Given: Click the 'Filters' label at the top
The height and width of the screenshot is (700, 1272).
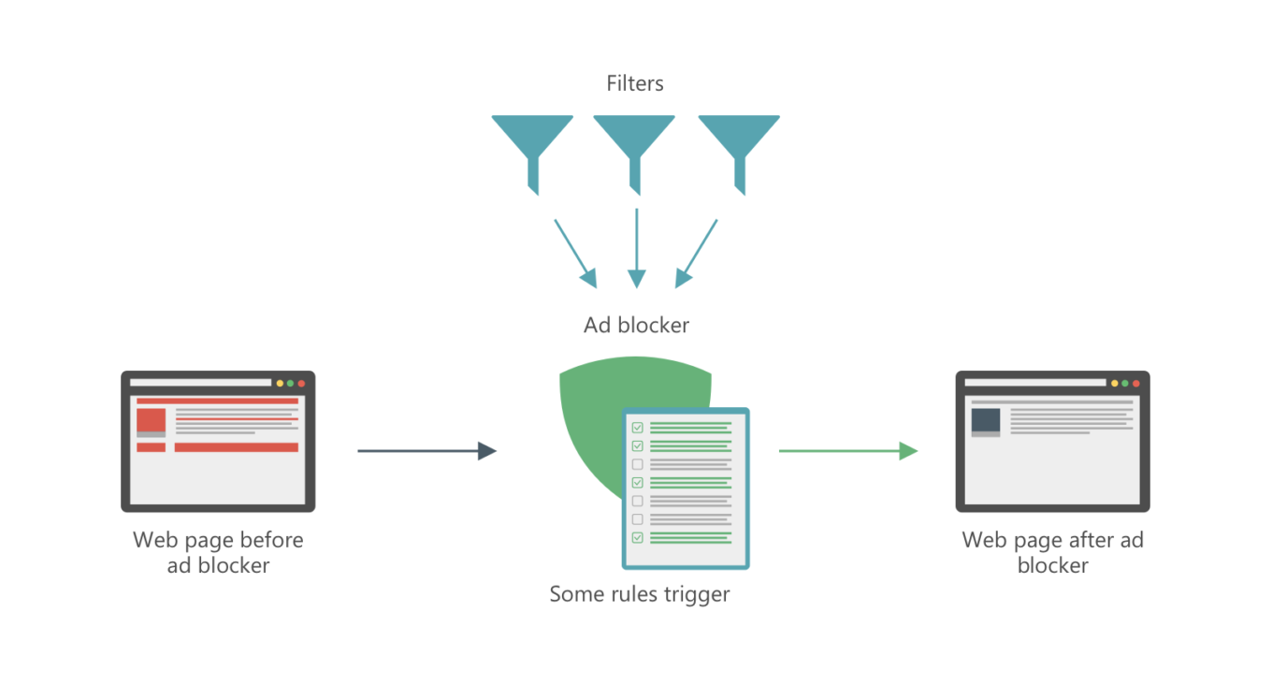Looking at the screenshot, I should coord(635,83).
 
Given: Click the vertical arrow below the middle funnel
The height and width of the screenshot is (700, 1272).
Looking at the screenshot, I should coord(637,247).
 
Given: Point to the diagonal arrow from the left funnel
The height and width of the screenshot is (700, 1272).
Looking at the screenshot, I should coord(575,252).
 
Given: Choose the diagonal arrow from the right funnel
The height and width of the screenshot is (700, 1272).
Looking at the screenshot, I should coord(697,252).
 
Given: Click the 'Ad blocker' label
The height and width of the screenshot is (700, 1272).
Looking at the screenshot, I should coord(636,326).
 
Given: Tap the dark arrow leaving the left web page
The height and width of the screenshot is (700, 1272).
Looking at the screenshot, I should coord(426,451).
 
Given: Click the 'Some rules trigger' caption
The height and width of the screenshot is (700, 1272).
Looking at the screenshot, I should coord(640,594).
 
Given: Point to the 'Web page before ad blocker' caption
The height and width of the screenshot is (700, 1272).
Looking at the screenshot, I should coord(218,552).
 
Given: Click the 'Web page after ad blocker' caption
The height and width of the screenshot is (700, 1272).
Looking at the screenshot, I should coord(1052,552).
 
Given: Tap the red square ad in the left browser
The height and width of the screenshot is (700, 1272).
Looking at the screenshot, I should coord(151,420).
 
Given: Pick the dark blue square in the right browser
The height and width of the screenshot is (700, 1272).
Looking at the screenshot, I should coord(986,420).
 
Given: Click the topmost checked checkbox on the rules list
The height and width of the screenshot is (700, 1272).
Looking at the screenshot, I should coord(638,428).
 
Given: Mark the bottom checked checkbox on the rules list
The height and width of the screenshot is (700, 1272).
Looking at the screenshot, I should coord(638,537).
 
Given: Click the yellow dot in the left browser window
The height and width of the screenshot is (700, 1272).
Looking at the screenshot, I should coord(280,383).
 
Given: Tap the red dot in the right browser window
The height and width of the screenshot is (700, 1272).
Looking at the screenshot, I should coord(1136,383).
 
